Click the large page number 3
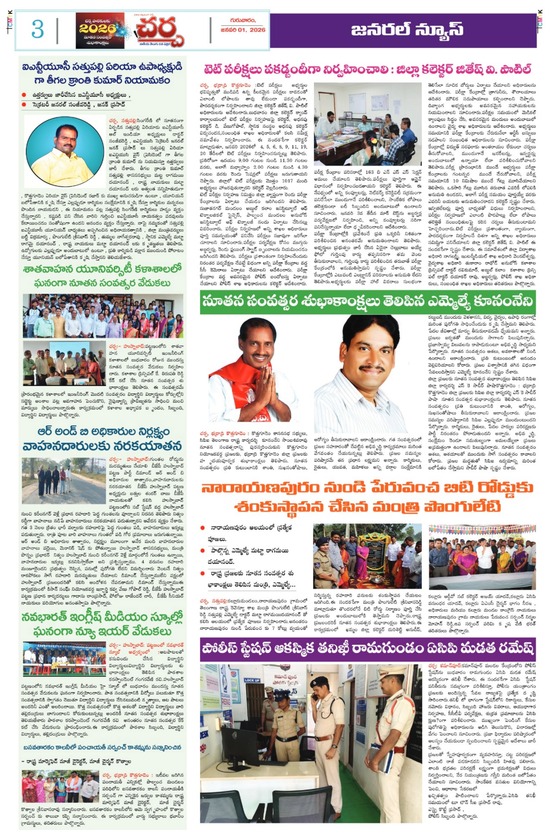(x=37, y=29)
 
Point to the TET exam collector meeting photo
(x=368, y=124)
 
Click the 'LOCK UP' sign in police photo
(x=252, y=680)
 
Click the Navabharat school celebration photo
(x=64, y=658)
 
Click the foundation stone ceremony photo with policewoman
(x=367, y=556)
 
